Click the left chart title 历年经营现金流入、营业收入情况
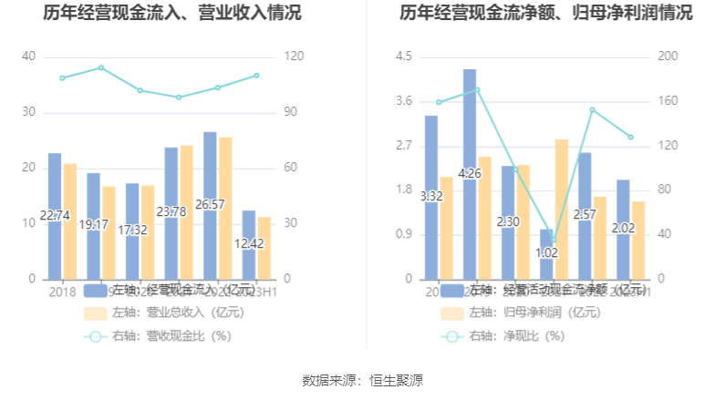click(x=172, y=14)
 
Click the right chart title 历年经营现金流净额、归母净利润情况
click(x=545, y=14)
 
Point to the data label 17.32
click(x=132, y=231)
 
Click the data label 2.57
click(x=585, y=215)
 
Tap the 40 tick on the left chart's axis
click(x=29, y=56)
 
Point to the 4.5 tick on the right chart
click(x=403, y=56)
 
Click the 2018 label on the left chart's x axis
click(x=62, y=292)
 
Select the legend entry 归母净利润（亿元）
click(x=526, y=313)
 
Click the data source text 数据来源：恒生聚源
click(x=362, y=380)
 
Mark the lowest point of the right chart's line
click(x=553, y=241)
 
